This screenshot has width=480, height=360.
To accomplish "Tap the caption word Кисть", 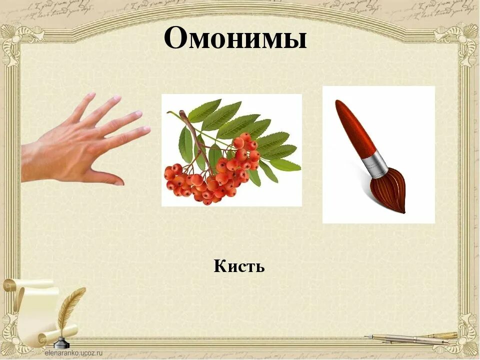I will click(239, 266).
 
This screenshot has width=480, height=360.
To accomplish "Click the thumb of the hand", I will click(107, 177).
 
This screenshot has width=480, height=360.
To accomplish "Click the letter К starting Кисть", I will click(220, 266).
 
